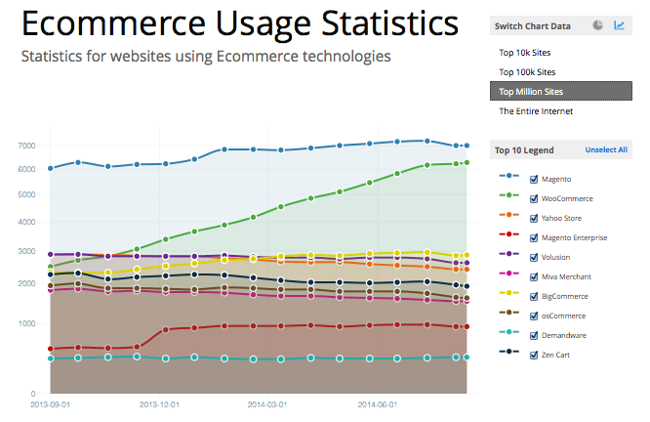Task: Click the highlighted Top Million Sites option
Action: coord(531,92)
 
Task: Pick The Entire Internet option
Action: coord(536,111)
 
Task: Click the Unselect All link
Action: coord(606,150)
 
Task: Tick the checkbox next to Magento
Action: coord(534,179)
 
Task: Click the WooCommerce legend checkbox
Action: coord(534,198)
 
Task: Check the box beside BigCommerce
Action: coord(534,297)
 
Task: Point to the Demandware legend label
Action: coord(565,336)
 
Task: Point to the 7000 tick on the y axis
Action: coord(26,146)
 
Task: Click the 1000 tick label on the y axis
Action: coord(26,323)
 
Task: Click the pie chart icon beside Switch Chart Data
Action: coord(597,25)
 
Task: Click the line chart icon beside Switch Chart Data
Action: coord(619,25)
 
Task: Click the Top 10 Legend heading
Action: coord(524,150)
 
